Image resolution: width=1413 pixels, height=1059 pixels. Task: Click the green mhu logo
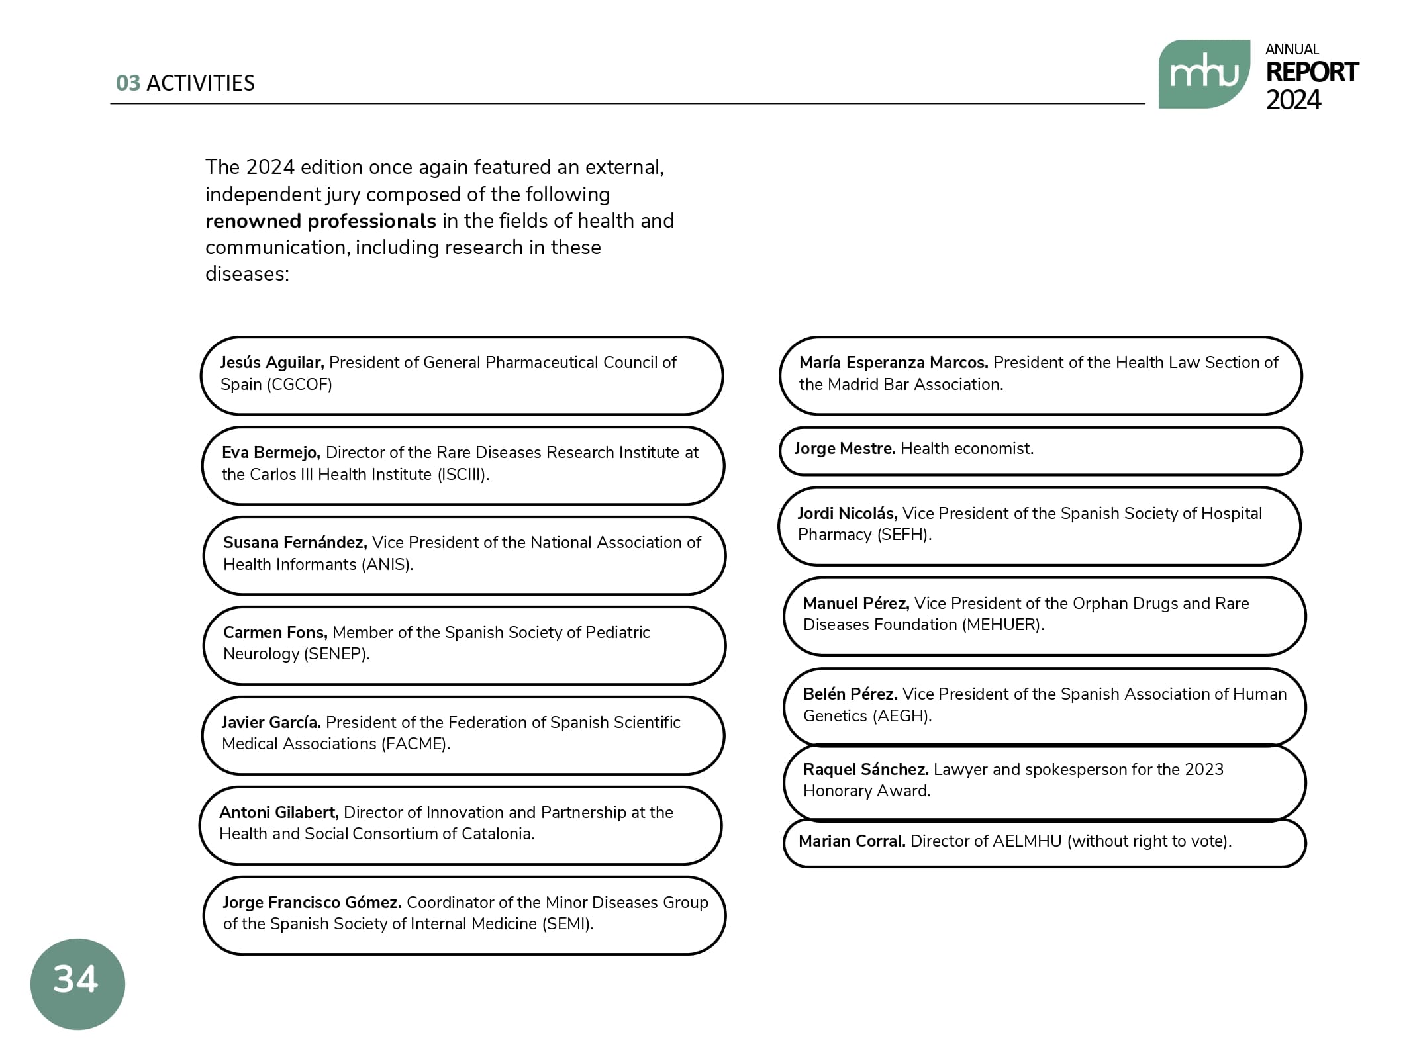(1203, 73)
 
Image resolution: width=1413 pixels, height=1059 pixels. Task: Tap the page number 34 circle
(77, 983)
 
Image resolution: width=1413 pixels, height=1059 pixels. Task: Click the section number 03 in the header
(128, 83)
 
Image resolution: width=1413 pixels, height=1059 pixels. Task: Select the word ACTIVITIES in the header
(200, 83)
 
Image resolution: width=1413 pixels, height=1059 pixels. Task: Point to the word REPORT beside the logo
(1311, 72)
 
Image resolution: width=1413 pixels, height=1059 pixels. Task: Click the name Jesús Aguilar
(271, 363)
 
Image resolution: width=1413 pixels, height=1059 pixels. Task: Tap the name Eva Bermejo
(271, 453)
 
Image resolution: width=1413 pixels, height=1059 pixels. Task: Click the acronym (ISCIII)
(463, 475)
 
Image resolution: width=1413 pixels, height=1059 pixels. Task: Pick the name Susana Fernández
(295, 543)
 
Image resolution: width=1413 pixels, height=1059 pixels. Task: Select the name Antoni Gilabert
(279, 813)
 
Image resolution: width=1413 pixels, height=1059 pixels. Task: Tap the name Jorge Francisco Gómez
(312, 903)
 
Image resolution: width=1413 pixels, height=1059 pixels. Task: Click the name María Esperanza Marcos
(893, 363)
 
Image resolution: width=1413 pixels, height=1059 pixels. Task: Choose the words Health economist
(967, 449)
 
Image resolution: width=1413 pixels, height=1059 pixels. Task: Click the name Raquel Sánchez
(865, 770)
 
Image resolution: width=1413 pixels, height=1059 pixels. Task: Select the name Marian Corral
(852, 841)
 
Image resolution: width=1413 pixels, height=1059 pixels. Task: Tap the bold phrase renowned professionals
(320, 221)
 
